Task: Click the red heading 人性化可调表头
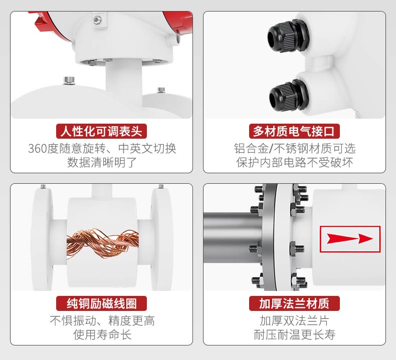click(x=101, y=131)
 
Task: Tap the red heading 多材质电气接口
click(x=294, y=131)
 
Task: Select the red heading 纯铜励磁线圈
click(x=101, y=303)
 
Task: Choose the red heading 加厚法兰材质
click(x=294, y=303)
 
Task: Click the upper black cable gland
click(x=288, y=37)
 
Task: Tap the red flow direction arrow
click(x=350, y=239)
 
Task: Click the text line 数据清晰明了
click(x=102, y=162)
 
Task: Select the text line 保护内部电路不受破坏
click(x=294, y=162)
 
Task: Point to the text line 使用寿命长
click(x=102, y=334)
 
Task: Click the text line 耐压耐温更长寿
click(x=294, y=334)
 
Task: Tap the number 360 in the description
click(x=38, y=149)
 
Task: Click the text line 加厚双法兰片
click(x=294, y=321)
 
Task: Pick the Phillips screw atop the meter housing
click(x=97, y=20)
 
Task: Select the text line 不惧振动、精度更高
click(x=102, y=321)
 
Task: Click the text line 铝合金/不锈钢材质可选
click(x=294, y=149)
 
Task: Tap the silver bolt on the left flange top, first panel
click(x=69, y=81)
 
